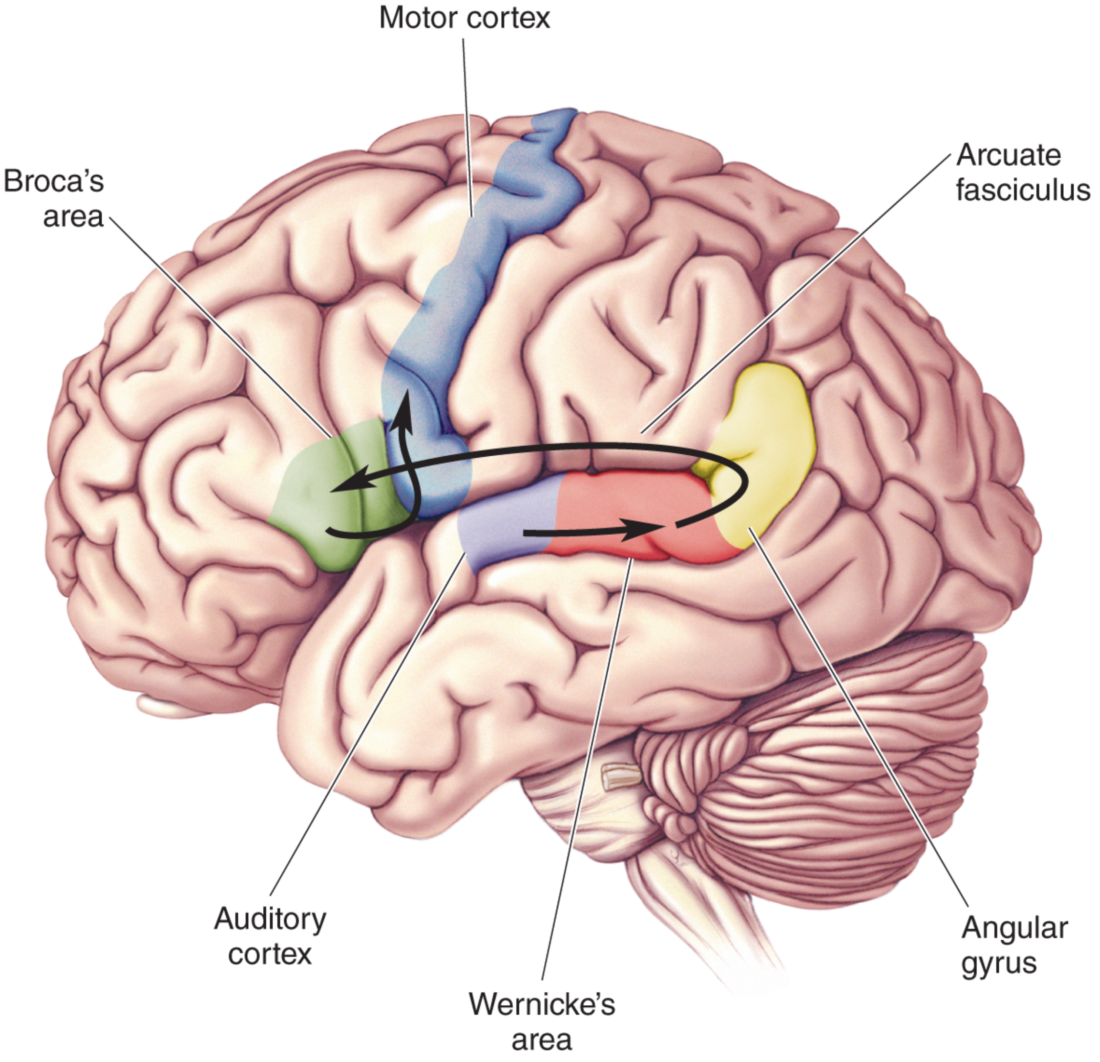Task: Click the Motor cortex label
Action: point(465,18)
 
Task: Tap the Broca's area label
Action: point(54,199)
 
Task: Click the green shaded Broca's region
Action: point(331,494)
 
